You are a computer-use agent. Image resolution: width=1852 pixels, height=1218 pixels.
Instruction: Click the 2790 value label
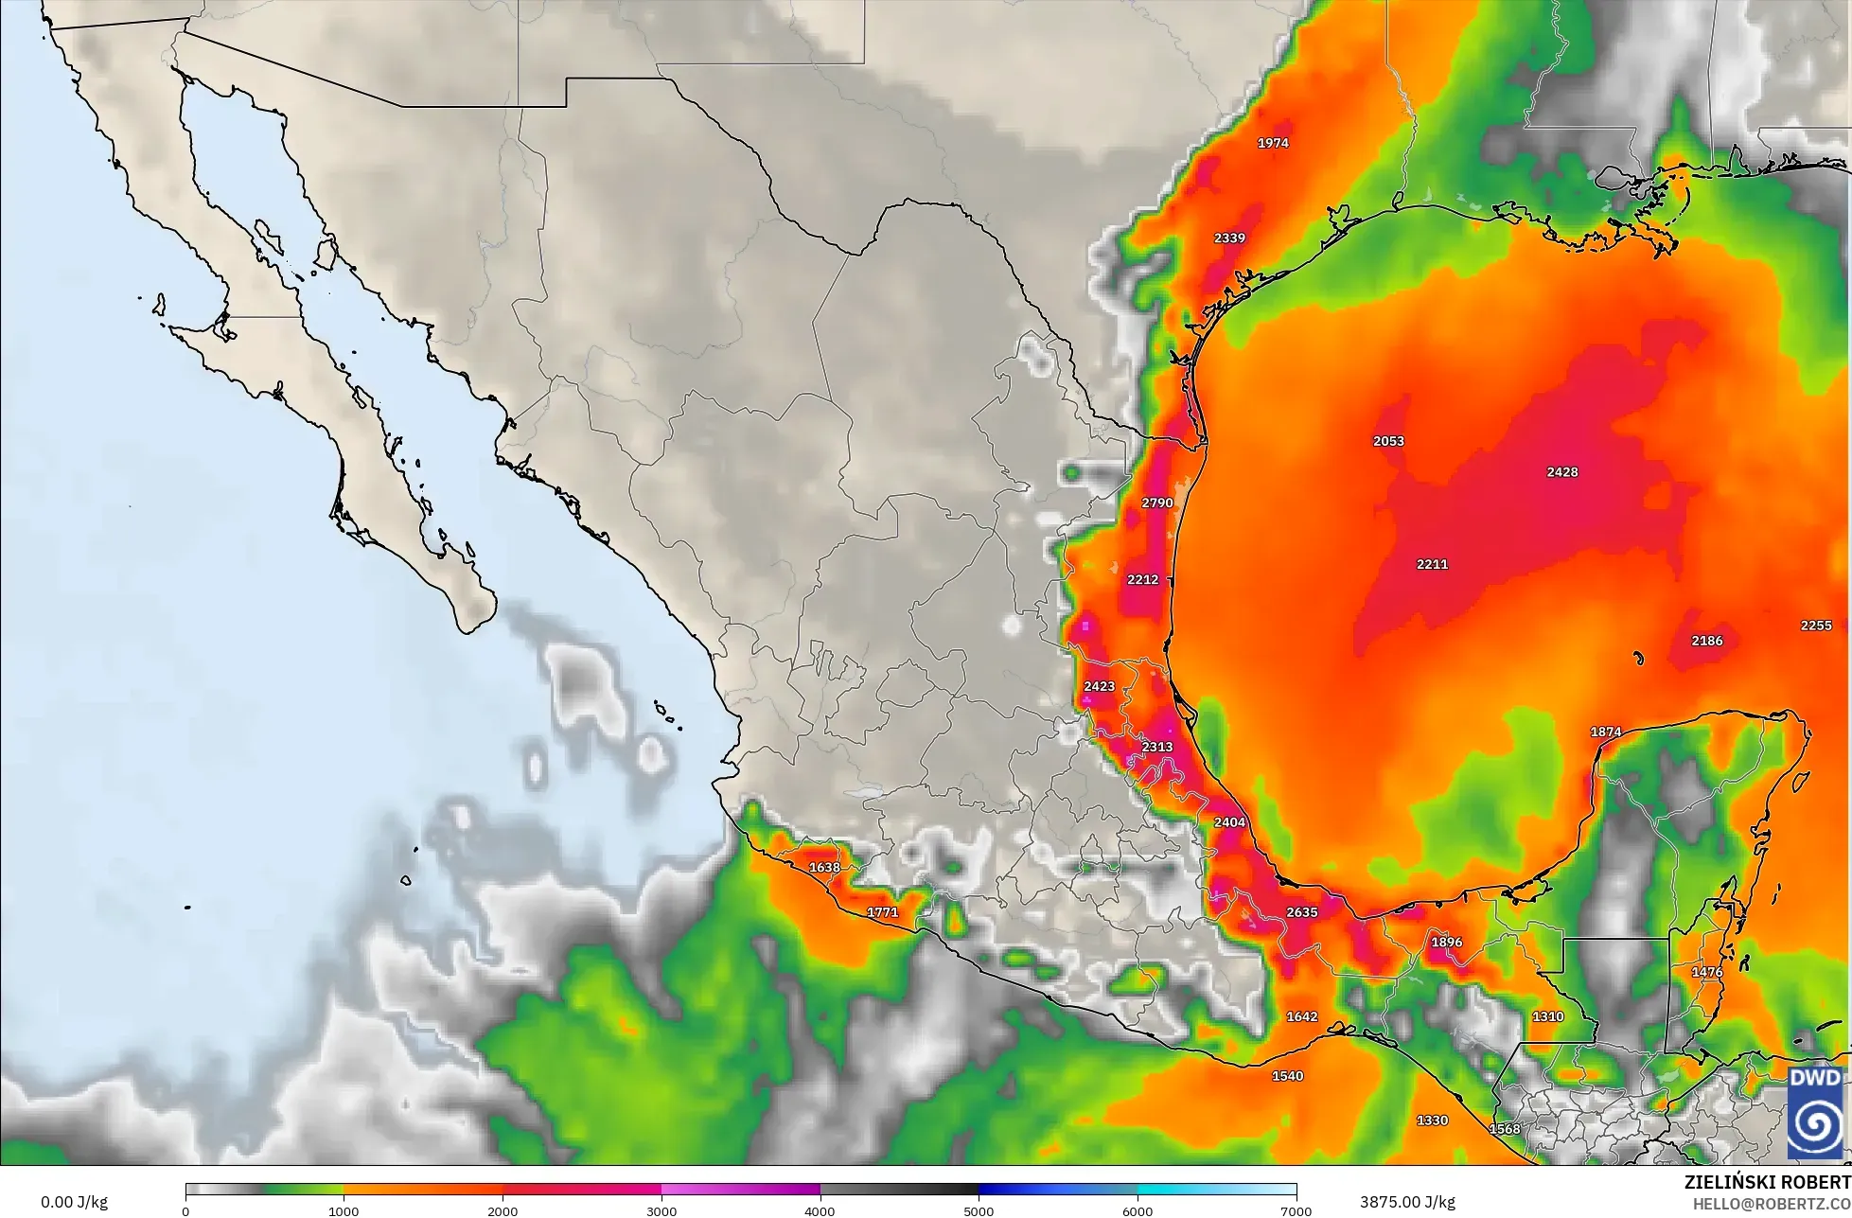(1157, 503)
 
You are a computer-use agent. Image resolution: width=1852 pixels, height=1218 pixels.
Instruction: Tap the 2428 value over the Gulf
(1561, 472)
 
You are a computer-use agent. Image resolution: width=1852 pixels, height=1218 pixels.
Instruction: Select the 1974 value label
(1273, 143)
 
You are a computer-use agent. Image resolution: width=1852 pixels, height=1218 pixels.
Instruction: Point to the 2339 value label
(1229, 238)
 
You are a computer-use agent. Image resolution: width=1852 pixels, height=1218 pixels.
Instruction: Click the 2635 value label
(1301, 912)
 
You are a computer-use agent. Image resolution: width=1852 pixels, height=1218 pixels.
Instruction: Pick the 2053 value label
(1388, 441)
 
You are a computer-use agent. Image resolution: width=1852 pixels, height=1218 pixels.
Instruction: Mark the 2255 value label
(1816, 626)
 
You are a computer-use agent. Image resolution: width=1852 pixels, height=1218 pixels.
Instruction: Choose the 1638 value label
(824, 867)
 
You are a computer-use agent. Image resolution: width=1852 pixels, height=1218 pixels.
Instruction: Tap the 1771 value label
(882, 912)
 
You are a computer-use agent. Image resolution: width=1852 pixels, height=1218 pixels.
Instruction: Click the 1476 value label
(1706, 972)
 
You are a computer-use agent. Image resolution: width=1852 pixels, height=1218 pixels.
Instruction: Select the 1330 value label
(1432, 1121)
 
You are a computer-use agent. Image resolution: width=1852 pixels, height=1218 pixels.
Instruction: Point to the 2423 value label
(1099, 686)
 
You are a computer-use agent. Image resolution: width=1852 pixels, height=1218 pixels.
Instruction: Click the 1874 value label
(1605, 732)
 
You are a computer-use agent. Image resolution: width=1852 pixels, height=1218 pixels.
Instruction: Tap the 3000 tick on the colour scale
(661, 1210)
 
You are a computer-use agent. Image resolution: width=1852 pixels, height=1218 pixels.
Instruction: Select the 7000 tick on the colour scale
(1296, 1210)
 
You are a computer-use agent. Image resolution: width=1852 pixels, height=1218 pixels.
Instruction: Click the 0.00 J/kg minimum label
(74, 1202)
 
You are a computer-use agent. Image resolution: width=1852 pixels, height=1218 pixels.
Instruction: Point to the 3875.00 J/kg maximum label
(1407, 1202)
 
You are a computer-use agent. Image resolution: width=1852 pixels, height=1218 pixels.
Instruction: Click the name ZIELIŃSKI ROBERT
(1768, 1182)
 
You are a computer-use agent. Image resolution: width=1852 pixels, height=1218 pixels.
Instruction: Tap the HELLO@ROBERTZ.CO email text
(1772, 1203)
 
